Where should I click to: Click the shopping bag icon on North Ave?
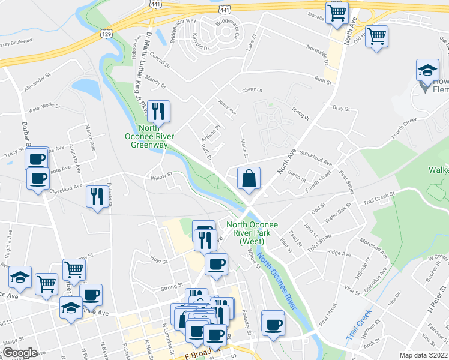coord(249,178)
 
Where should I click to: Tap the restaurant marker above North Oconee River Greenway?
coord(158,110)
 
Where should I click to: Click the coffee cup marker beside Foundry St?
coord(273,324)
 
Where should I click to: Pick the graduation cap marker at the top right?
coord(428,71)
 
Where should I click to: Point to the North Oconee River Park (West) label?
coord(252,233)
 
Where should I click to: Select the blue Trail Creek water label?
coord(360,325)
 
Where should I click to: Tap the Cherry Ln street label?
coord(252,91)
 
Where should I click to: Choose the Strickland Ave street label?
coord(316,158)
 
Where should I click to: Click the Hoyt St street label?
coord(158,260)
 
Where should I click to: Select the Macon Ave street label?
coord(89,137)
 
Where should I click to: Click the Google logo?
coord(20,353)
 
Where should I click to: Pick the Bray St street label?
coord(341,109)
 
